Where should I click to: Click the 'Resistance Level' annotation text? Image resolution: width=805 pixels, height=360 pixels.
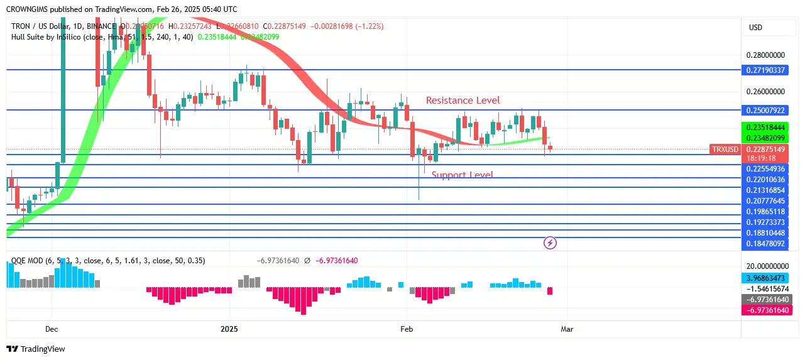tap(463, 101)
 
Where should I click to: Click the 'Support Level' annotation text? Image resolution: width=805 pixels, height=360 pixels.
tap(462, 175)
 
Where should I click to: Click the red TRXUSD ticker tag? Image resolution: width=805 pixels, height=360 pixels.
tap(725, 150)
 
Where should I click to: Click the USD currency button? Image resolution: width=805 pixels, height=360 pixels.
tap(755, 28)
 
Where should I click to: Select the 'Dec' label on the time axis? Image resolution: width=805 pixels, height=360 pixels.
tap(52, 329)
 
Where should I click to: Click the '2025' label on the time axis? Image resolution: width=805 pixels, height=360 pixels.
tap(230, 329)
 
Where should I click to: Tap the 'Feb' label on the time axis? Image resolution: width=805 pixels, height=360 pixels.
tap(407, 329)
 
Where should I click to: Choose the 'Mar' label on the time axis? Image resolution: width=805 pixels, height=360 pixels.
tap(567, 329)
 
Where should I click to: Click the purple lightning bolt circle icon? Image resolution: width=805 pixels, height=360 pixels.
tap(550, 243)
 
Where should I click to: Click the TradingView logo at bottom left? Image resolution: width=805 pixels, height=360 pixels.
tap(36, 349)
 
